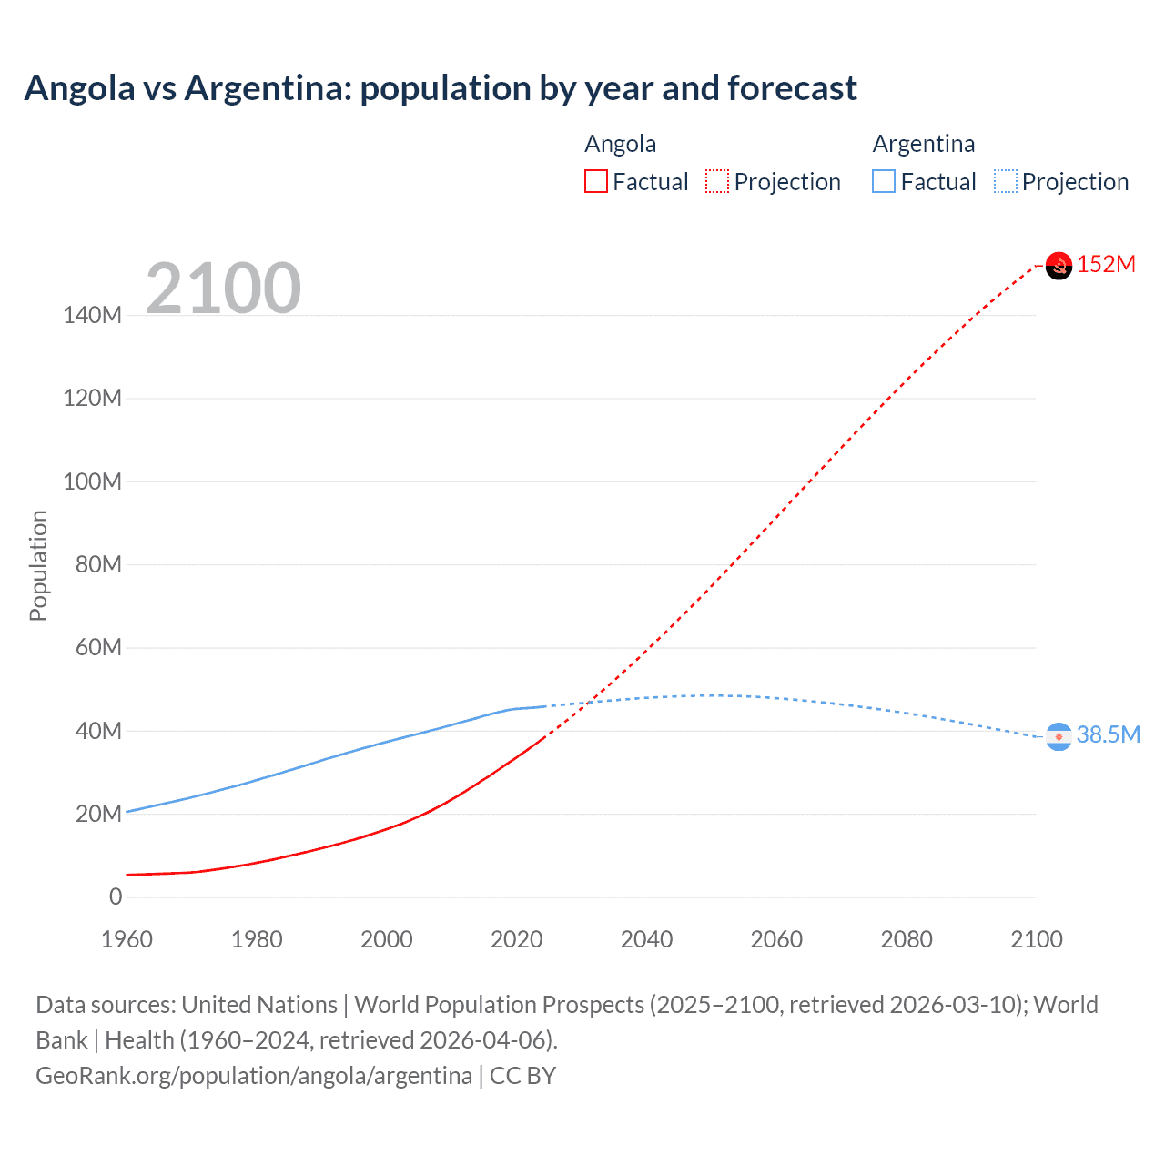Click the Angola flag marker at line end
(x=1059, y=265)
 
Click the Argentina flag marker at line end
(x=1059, y=735)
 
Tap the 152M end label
(x=1106, y=265)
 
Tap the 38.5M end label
(x=1108, y=734)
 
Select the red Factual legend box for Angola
(x=595, y=182)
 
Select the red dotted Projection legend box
(x=717, y=182)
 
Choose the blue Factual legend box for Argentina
(x=884, y=182)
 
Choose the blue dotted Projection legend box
(x=1005, y=182)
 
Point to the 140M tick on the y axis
(x=92, y=316)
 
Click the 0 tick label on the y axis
(x=116, y=897)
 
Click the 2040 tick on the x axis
(x=646, y=939)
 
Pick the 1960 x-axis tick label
(x=127, y=939)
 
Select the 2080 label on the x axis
(x=907, y=939)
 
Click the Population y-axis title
(x=38, y=565)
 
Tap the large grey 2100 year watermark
(x=223, y=289)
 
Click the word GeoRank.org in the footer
(x=105, y=1076)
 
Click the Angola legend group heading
(x=620, y=144)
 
